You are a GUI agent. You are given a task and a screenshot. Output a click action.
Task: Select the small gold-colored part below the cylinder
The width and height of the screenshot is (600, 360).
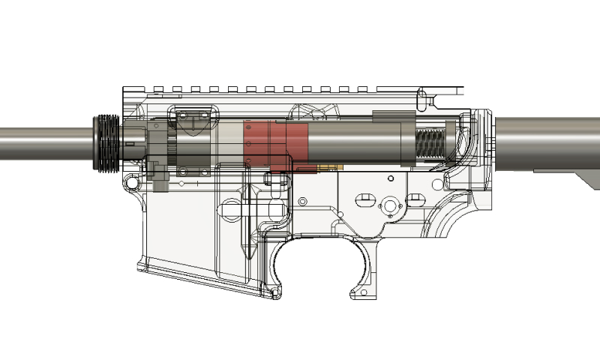[x=326, y=166]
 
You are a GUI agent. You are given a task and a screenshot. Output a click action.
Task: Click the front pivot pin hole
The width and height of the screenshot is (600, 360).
[x=133, y=182]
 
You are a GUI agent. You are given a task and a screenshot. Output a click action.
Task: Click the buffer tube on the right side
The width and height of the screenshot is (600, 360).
[x=547, y=142]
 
